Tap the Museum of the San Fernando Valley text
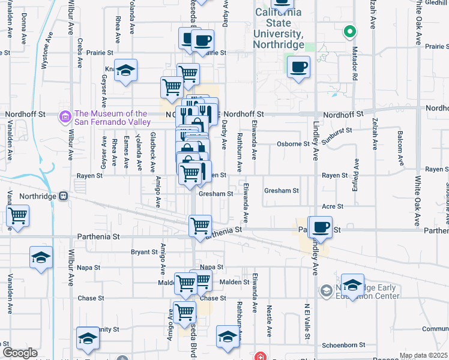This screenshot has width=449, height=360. click(x=111, y=118)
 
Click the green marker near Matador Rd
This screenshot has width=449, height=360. click(x=349, y=31)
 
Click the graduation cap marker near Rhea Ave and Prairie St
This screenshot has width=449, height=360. click(x=126, y=70)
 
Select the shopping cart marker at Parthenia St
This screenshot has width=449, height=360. click(x=200, y=226)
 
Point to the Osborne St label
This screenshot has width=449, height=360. click(x=293, y=144)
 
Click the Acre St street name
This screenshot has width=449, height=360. click(x=332, y=206)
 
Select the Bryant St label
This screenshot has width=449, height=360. click(x=144, y=252)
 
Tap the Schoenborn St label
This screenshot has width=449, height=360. click(x=344, y=346)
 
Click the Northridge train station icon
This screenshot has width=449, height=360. click(x=70, y=196)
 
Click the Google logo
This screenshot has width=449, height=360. click(x=20, y=353)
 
